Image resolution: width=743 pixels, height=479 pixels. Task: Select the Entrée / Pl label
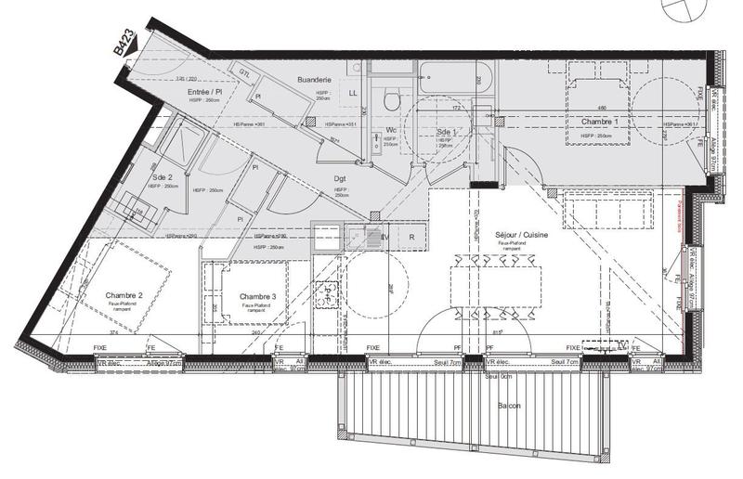click(x=204, y=93)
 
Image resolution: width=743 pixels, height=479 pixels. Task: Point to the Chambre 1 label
click(x=599, y=123)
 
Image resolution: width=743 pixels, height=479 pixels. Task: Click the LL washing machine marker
click(x=353, y=94)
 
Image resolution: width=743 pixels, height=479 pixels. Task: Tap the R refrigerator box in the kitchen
click(x=411, y=237)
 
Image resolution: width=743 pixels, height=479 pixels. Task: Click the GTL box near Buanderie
click(x=245, y=73)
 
